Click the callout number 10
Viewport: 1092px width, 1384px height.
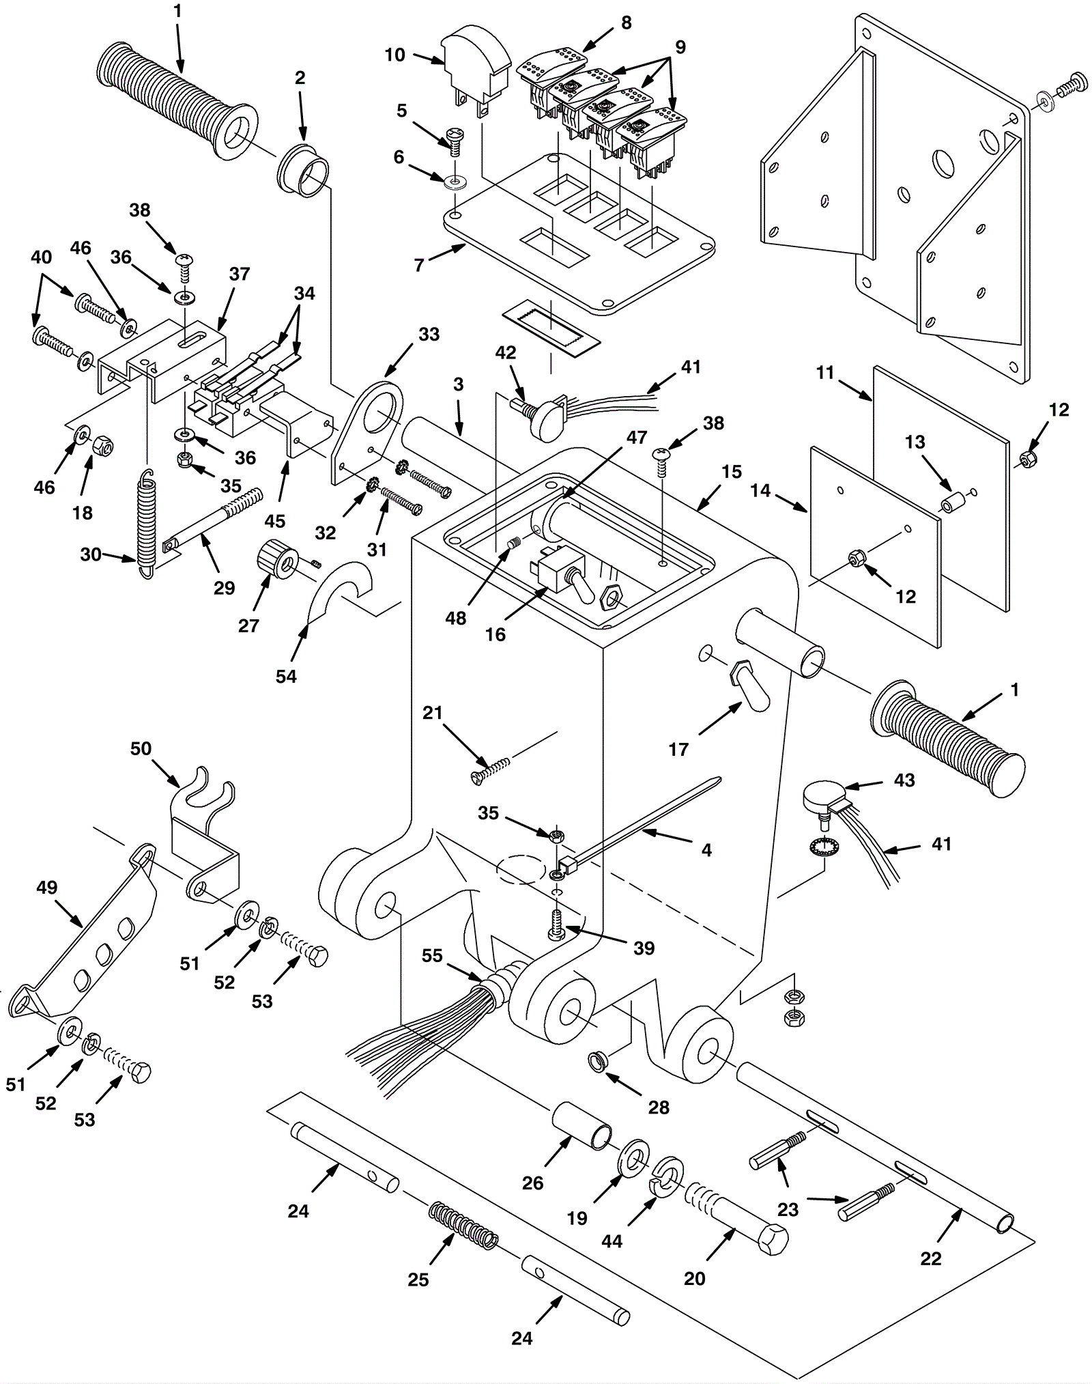[x=394, y=55]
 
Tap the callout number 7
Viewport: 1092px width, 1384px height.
[x=419, y=264]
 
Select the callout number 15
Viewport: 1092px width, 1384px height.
[x=731, y=472]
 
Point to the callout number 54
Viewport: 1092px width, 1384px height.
[x=286, y=676]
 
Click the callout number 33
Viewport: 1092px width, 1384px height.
[x=429, y=334]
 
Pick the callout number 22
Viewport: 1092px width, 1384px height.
[x=931, y=1258]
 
